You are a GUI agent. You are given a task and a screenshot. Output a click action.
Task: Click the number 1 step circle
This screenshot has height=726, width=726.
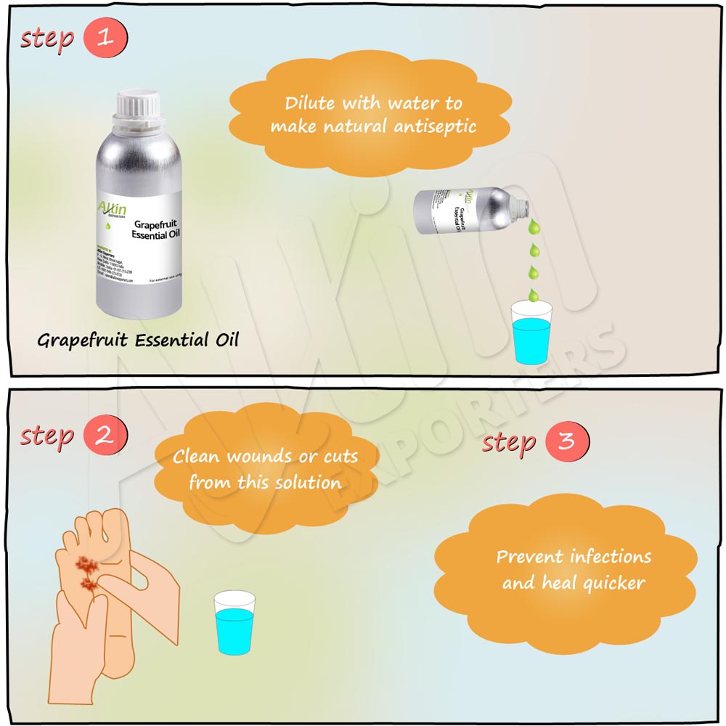(105, 37)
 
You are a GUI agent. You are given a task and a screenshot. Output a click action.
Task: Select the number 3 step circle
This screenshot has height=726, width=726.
(566, 441)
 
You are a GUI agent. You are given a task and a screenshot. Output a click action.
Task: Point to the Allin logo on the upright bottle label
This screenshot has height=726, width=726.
(111, 210)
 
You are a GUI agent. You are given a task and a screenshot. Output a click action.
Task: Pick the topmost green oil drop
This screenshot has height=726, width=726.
(534, 227)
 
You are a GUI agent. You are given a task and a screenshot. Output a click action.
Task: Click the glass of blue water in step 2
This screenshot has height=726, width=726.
(234, 622)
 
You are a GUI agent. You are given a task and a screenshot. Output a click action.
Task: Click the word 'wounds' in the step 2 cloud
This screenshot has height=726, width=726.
(256, 458)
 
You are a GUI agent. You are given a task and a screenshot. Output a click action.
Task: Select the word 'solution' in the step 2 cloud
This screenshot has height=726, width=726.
(309, 482)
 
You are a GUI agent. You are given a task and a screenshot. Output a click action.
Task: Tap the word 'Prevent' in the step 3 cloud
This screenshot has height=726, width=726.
(530, 557)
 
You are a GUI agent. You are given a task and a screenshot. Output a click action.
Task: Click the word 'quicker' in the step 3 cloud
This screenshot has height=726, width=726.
(608, 582)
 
